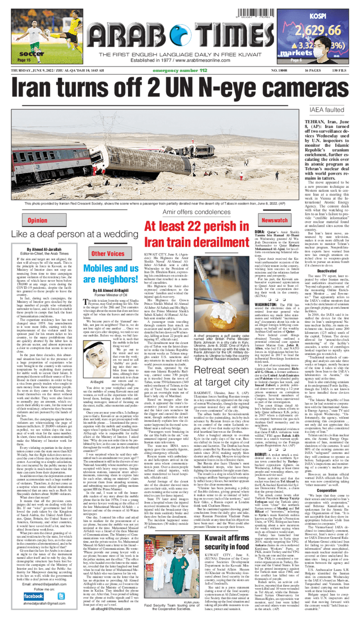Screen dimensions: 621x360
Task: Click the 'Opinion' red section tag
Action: pyautogui.click(x=37, y=220)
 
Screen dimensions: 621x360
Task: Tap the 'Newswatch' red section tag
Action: pyautogui.click(x=274, y=220)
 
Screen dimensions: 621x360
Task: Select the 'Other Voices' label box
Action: pyautogui.click(x=108, y=254)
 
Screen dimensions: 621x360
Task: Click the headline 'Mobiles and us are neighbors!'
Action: pyautogui.click(x=108, y=275)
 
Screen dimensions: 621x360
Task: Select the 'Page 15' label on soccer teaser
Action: pyautogui.click(x=23, y=59)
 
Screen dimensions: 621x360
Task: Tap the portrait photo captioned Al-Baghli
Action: pyautogui.click(x=97, y=364)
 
